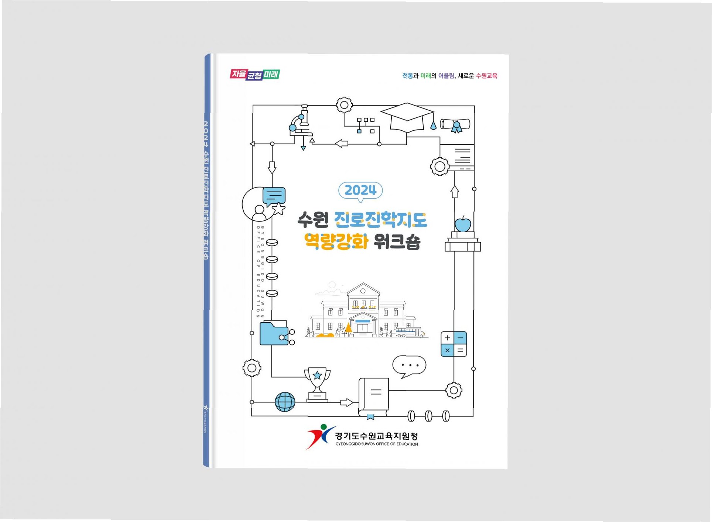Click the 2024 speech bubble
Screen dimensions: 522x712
point(360,190)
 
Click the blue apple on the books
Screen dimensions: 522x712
point(462,224)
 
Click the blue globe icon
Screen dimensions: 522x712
point(285,401)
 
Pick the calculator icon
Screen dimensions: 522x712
point(453,344)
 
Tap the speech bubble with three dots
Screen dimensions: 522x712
point(409,366)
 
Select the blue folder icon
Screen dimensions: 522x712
point(274,333)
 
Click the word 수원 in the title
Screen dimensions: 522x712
point(313,220)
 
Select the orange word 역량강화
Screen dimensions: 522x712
point(336,242)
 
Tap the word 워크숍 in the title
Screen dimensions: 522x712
point(397,242)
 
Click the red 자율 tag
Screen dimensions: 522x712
point(239,74)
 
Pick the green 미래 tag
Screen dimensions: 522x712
point(271,74)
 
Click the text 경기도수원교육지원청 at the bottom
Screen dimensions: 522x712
point(376,436)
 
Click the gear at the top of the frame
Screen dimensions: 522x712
point(344,105)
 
